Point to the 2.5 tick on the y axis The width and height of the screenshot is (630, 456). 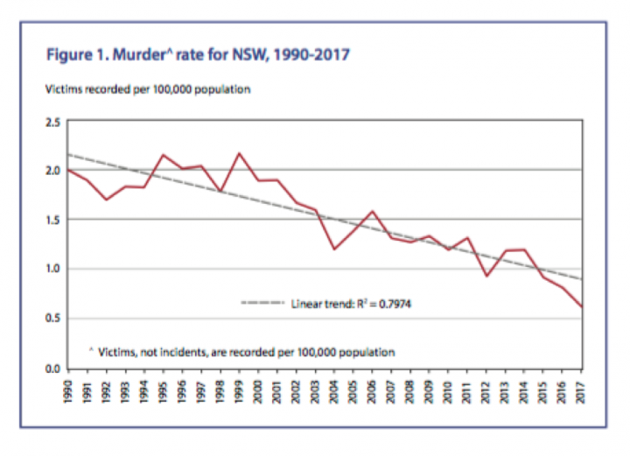pyautogui.click(x=52, y=122)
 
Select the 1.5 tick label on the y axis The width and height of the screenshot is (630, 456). pyautogui.click(x=52, y=220)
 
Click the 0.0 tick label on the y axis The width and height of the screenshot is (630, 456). pyautogui.click(x=52, y=368)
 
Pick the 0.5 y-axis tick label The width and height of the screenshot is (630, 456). pyautogui.click(x=52, y=319)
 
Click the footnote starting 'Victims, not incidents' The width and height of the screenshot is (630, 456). pyautogui.click(x=246, y=352)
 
